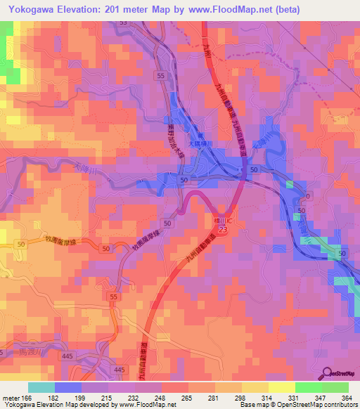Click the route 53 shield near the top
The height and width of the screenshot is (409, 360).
tap(124, 22)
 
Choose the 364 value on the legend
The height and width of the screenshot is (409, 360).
tap(347, 398)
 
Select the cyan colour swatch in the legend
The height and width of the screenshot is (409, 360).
tap(41, 387)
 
